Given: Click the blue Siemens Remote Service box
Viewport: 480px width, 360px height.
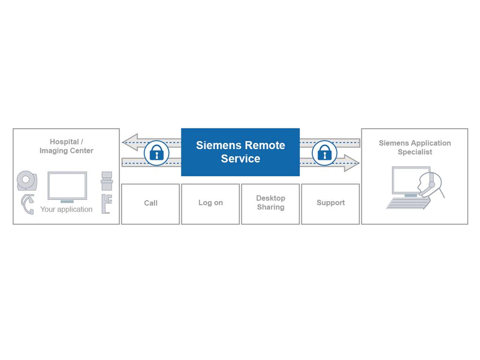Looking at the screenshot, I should (x=240, y=152).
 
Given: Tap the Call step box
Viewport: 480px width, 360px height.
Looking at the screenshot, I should (x=150, y=203).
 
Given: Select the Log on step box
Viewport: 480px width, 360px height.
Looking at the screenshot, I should (x=210, y=203).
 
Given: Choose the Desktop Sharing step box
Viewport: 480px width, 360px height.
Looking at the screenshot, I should (x=270, y=203).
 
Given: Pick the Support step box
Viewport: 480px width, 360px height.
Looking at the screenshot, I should (x=330, y=203).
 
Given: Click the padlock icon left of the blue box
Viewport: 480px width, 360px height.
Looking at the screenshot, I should (x=156, y=153).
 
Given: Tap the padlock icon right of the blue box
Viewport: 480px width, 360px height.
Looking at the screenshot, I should (x=324, y=153).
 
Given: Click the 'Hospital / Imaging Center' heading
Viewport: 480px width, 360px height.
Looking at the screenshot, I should (x=66, y=146).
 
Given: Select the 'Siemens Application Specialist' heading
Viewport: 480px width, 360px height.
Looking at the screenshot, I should (x=415, y=148).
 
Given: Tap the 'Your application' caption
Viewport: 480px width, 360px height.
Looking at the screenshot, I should (x=66, y=210).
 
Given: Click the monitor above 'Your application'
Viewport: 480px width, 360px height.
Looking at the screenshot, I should (x=67, y=186).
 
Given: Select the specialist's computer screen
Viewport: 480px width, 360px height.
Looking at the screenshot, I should (x=410, y=180).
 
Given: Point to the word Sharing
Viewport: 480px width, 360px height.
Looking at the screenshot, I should (x=270, y=207).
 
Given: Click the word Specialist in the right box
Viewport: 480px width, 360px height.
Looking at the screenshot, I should (x=415, y=152).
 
